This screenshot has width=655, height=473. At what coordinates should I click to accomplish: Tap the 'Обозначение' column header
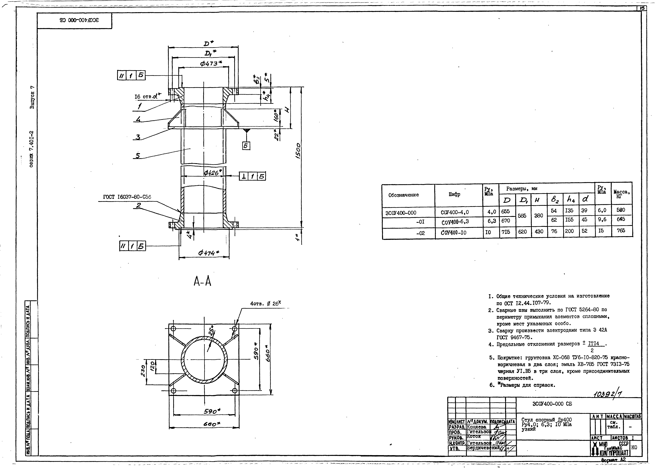coord(403,195)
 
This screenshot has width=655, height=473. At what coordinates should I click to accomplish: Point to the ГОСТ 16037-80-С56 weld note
coord(127,197)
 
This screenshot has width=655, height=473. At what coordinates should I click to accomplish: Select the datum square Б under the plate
coord(246,146)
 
